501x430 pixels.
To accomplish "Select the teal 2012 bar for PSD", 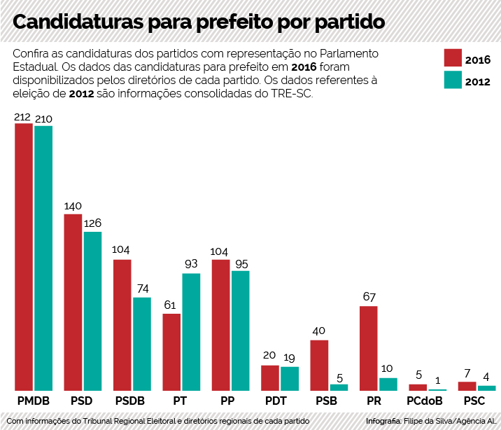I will point(92,311).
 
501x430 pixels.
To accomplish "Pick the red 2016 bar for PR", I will point(368,348).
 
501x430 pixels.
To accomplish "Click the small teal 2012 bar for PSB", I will point(339,387).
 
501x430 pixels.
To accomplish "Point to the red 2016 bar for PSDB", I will point(122,325).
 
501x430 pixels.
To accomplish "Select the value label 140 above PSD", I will point(73,206).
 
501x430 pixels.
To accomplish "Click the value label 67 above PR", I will point(369,297).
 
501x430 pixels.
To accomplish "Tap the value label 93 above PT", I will point(191,264).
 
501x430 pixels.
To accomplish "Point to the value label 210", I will point(43,118).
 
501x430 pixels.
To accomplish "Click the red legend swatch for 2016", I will point(454,57).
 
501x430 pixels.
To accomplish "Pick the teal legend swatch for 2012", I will point(454,81).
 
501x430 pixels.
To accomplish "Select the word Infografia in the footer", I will point(383,421).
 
